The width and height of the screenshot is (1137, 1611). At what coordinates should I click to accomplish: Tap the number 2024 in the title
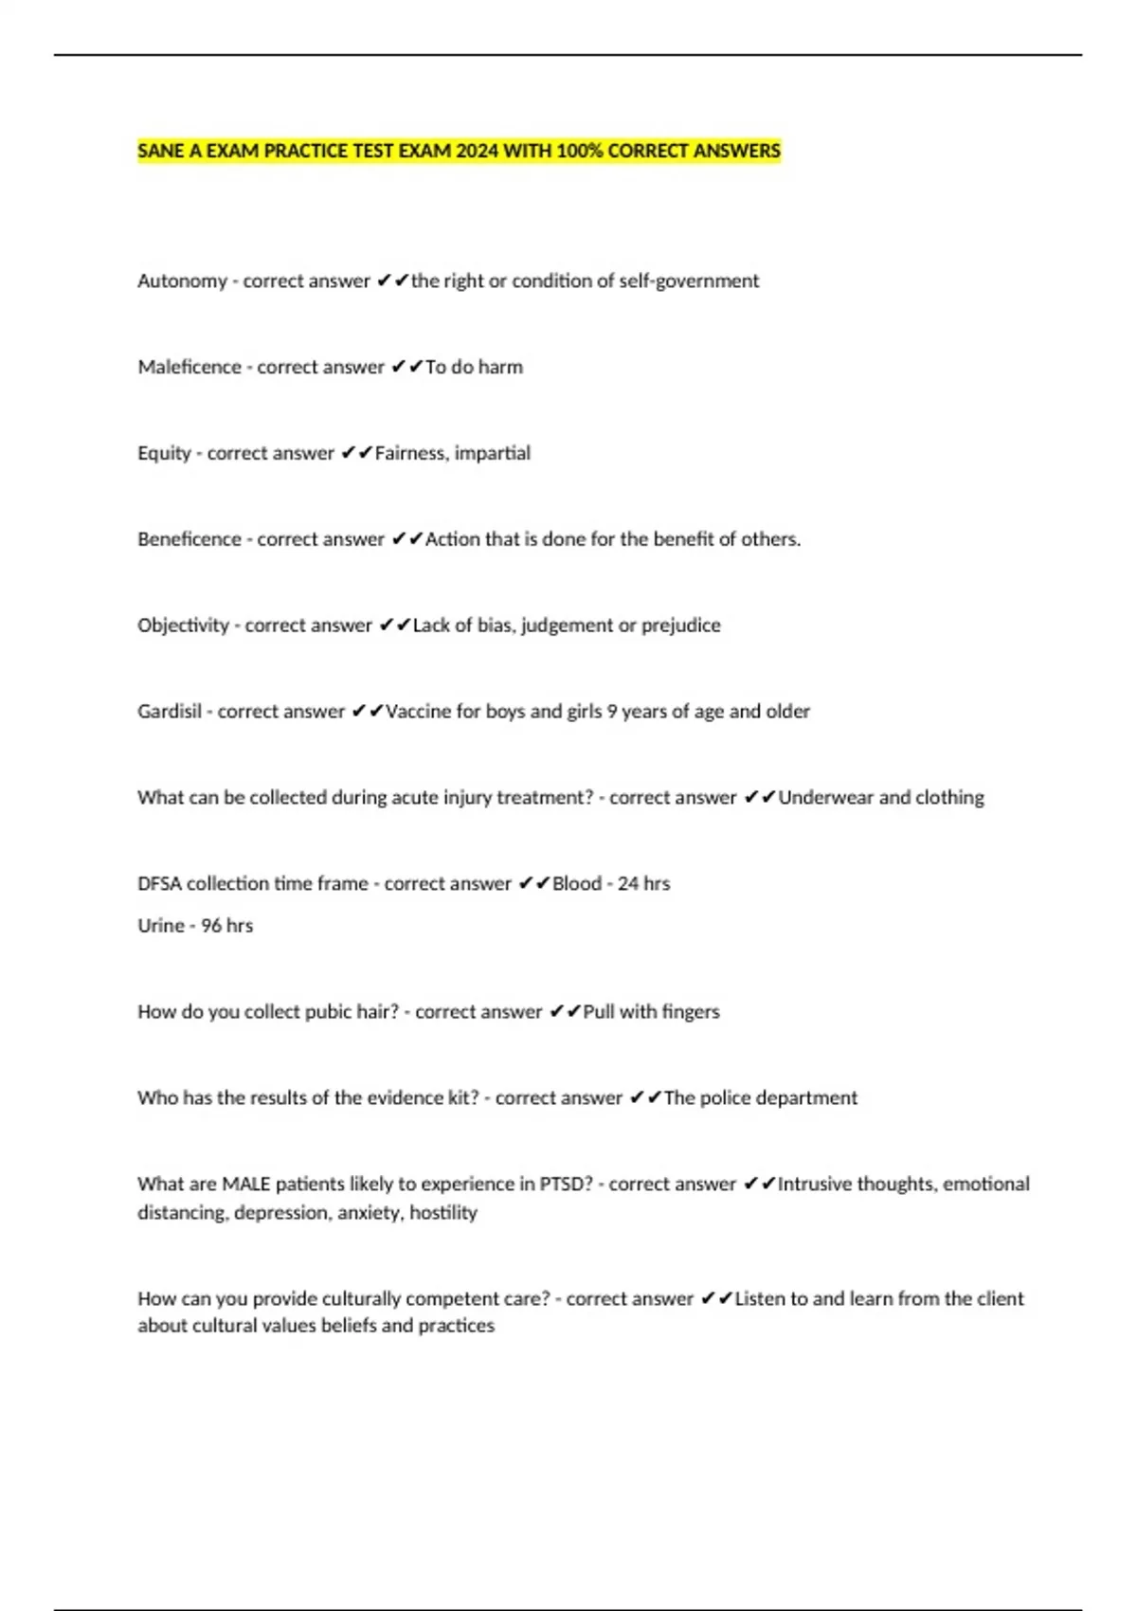pos(477,151)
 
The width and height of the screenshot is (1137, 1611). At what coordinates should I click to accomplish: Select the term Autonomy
pos(182,281)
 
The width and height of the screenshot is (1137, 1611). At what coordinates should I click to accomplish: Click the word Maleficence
pos(189,367)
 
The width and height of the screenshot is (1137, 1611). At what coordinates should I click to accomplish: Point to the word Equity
pos(164,453)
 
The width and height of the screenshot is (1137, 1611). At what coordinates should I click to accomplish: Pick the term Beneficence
pos(189,539)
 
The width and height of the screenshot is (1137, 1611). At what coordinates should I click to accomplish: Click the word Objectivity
pos(183,625)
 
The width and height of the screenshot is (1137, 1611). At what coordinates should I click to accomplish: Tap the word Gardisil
pos(170,712)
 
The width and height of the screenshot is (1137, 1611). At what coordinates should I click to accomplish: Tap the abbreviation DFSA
pos(159,883)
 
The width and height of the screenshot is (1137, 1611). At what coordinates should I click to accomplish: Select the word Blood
pos(577,883)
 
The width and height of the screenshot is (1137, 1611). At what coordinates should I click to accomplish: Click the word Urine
pos(161,926)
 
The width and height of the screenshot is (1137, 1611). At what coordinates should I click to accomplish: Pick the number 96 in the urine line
pos(211,926)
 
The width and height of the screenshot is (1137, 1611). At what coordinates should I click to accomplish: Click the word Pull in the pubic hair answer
pos(599,1012)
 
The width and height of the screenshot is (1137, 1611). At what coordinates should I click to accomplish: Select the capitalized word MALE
pos(246,1185)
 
